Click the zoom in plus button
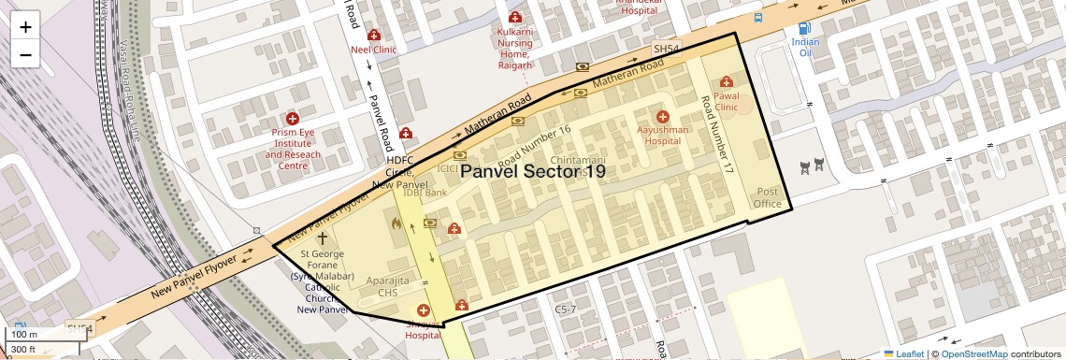point(25,27)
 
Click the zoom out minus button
point(25,55)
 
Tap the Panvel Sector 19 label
point(532,172)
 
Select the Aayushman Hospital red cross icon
point(663,117)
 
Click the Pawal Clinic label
point(727,101)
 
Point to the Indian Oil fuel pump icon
point(803,28)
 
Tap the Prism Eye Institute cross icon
point(293,119)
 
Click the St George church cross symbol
point(323,238)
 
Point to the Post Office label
point(768,197)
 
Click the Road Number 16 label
point(534,145)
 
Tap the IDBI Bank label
point(424,194)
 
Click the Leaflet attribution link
point(903,353)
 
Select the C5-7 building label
point(567,309)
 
